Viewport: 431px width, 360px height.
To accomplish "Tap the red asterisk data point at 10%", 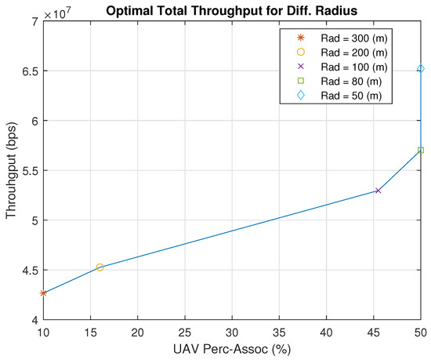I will [x=43, y=293].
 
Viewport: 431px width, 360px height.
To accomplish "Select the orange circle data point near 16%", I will [x=100, y=267].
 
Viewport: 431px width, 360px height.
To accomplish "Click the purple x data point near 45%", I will [x=378, y=191].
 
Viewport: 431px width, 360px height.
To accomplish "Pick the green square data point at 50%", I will [x=421, y=150].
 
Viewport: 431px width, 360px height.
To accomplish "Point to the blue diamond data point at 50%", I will [x=421, y=69].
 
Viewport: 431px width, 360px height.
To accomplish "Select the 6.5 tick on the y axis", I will [x=28, y=71].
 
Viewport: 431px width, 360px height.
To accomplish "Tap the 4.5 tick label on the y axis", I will [x=28, y=271].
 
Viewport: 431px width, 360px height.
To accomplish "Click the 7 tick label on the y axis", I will [x=34, y=21].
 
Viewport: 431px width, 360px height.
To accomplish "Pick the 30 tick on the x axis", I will [x=232, y=333].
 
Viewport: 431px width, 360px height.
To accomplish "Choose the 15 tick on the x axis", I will [x=90, y=333].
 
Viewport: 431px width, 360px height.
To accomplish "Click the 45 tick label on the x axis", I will [x=374, y=333].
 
